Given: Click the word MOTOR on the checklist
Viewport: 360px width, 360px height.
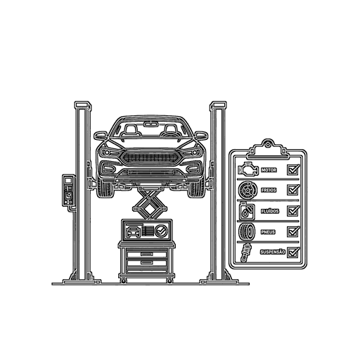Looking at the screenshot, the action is (269, 170).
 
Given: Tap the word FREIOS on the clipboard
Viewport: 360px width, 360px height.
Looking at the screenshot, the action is (269, 190).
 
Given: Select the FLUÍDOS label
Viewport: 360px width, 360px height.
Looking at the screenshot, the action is (270, 211).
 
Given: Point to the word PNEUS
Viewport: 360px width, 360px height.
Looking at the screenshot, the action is (268, 232).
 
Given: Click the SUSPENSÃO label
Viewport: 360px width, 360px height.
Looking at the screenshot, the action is (273, 252).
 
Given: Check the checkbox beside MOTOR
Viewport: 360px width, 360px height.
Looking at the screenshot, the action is (293, 169).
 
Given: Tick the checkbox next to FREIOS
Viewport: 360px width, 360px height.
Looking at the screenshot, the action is (293, 190).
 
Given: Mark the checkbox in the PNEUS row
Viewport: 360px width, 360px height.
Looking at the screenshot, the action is (293, 231).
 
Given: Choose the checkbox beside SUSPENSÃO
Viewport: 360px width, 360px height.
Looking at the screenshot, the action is (293, 252).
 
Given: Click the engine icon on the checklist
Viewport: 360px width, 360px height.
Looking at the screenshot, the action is (248, 169).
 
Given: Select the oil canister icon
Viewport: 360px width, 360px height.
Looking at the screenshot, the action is (247, 211).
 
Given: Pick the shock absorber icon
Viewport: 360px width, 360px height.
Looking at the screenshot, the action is (246, 252).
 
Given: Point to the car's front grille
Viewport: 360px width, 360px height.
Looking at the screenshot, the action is (150, 157).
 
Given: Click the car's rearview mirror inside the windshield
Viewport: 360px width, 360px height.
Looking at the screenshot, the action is (150, 124).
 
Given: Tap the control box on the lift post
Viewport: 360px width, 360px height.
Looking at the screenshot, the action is (69, 191).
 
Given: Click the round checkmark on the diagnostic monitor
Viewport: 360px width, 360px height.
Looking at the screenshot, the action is (161, 231).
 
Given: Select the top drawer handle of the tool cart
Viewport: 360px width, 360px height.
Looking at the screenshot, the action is (147, 255).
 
